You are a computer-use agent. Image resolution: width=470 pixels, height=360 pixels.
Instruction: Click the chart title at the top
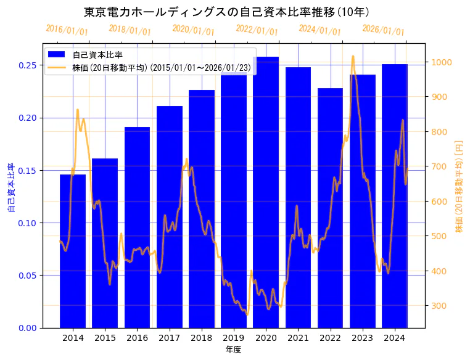tap(226, 12)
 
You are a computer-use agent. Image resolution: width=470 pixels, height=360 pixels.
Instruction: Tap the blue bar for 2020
tap(266, 192)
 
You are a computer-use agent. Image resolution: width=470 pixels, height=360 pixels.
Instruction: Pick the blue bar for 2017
tap(170, 216)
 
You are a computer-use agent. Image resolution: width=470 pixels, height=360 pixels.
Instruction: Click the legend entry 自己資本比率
tap(97, 55)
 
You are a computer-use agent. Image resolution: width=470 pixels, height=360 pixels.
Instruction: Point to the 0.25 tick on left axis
tap(27, 65)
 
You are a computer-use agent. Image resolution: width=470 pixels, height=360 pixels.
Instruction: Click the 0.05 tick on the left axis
tap(27, 276)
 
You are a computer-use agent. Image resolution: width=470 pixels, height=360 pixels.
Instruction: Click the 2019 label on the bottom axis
tap(234, 338)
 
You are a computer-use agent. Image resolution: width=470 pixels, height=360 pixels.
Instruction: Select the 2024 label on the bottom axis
tap(394, 338)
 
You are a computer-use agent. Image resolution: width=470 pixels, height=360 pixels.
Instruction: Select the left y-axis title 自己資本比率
tap(10, 187)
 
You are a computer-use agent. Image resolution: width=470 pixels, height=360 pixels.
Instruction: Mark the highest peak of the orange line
tap(353, 56)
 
